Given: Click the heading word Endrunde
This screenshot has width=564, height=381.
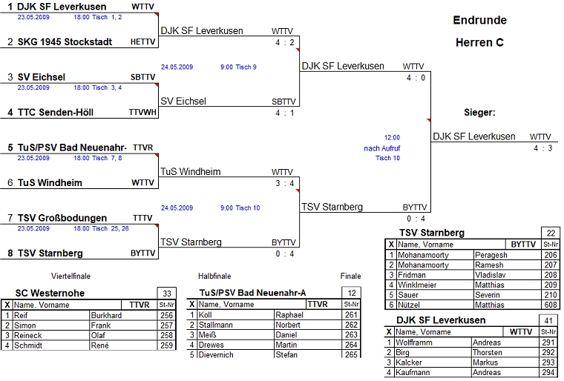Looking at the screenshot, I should coord(479,21).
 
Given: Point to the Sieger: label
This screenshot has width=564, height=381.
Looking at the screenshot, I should coord(479,113).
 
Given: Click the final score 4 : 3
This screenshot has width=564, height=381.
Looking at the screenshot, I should coord(542,148).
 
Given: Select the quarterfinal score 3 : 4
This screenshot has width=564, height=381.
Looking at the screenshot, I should coord(285,183).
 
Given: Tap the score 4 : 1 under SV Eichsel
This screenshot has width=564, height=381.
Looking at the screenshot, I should coord(285,113).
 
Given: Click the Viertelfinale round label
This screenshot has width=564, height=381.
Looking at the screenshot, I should coord(70,276).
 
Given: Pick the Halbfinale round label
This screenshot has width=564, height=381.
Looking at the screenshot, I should coord(214,276).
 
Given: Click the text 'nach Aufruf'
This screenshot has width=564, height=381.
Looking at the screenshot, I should coord(382,148).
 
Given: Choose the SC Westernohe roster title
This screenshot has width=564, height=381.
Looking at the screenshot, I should coord(50,294).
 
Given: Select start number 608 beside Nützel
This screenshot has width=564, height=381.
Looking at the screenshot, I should coord(550,305).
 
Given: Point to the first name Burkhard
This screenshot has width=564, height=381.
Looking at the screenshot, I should coord(106,315).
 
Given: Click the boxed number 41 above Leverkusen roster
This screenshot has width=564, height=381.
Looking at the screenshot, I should coord(548,320).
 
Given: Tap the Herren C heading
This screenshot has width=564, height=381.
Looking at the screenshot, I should coord(479,43).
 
